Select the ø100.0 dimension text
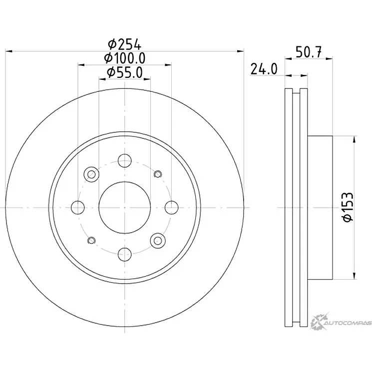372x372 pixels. pos(124,59)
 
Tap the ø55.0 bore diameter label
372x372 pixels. pos(124,73)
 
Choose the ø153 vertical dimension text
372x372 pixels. pos(349,207)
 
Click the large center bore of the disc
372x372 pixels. pos(124,207)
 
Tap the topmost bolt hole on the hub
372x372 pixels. pos(124,161)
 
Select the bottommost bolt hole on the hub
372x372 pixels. pos(124,253)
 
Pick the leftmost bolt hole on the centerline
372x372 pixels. pos(78,207)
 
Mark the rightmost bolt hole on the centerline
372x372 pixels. pos(171,207)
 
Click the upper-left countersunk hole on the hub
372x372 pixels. pos(91,174)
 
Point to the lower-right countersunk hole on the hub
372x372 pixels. pos(158,240)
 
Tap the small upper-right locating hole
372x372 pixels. pos(158,174)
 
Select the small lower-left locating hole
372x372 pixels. pos(91,240)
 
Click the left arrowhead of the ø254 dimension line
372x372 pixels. pos(8,51)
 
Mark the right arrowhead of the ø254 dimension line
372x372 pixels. pos(241,51)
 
